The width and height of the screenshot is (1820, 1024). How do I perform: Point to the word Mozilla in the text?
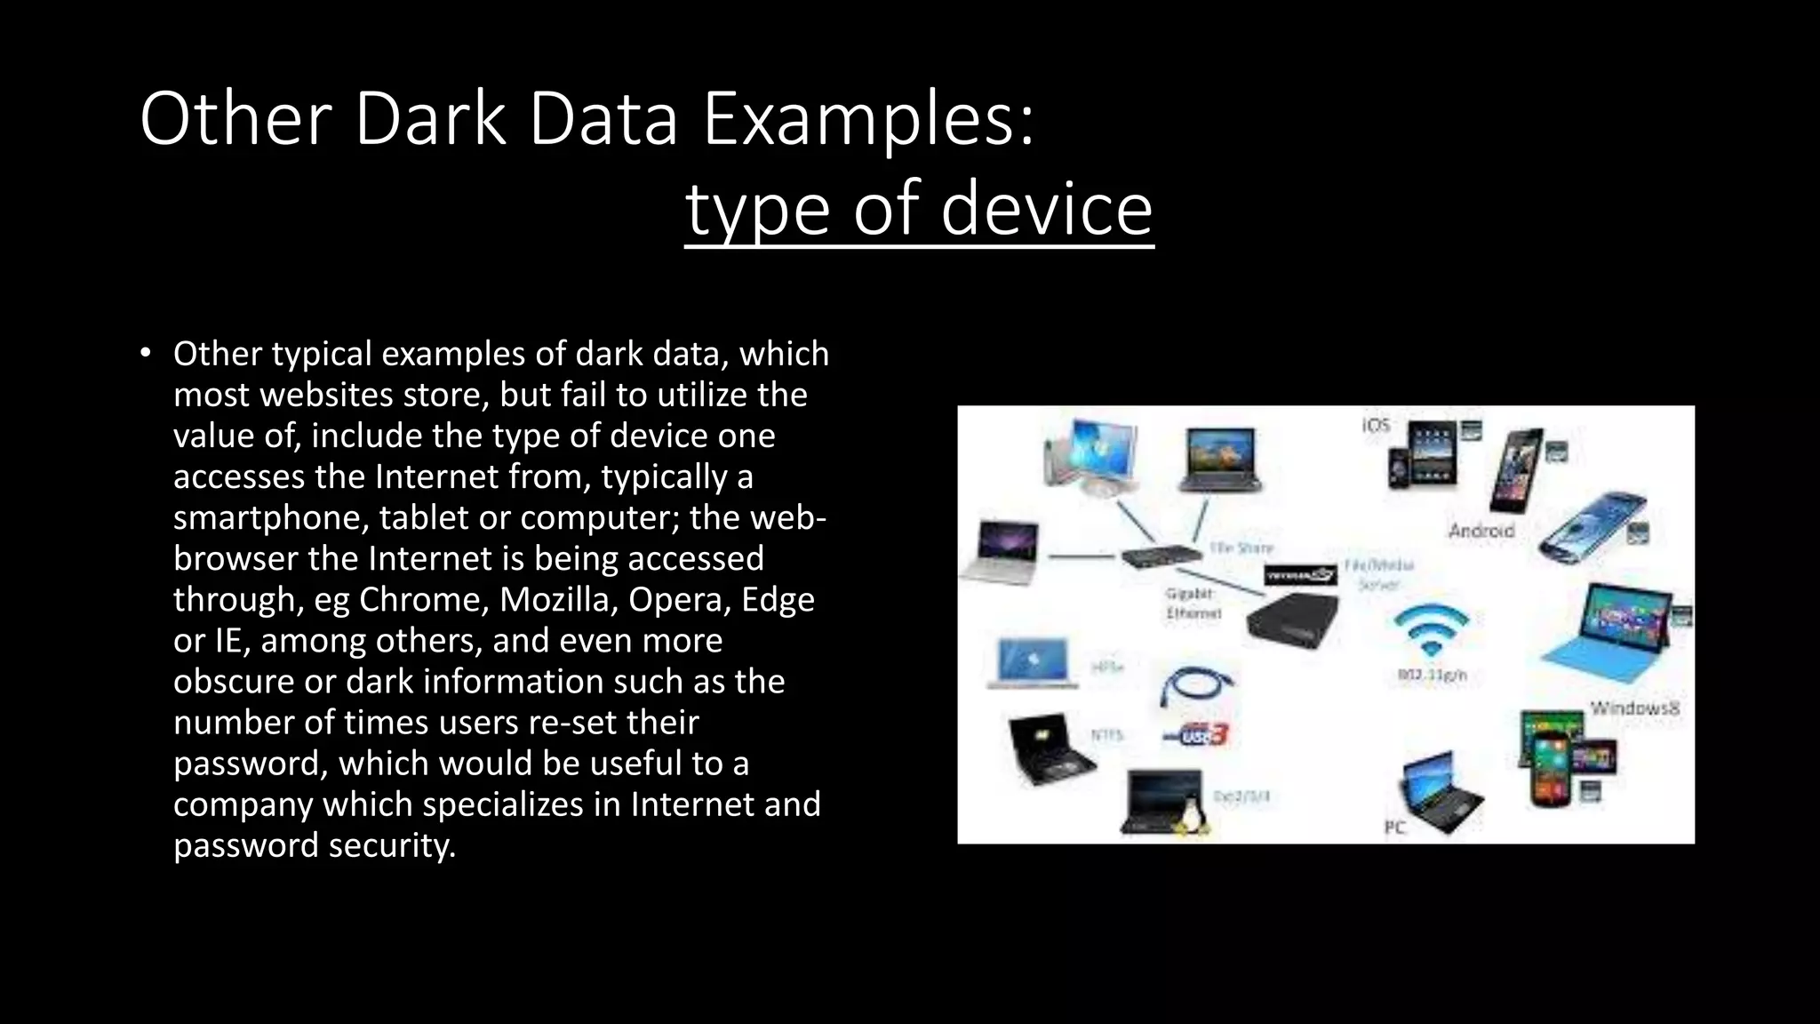(x=557, y=599)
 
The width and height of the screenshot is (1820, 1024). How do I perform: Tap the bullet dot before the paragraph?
(x=146, y=354)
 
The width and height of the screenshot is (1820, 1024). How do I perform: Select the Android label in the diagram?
(x=1481, y=531)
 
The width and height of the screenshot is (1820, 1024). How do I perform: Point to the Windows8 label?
(x=1634, y=708)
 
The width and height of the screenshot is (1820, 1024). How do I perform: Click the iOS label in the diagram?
(x=1375, y=426)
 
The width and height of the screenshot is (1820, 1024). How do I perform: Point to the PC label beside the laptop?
(x=1394, y=828)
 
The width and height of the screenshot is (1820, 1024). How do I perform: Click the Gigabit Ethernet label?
(x=1193, y=604)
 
